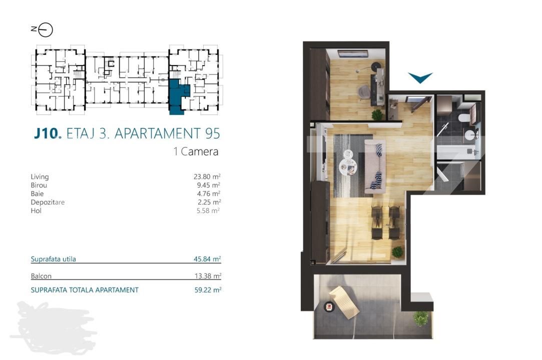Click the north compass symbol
(46, 30)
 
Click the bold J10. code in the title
(48, 133)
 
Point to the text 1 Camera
(196, 151)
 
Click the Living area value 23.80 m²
(208, 176)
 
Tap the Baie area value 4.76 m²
(209, 193)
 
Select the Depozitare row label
(48, 202)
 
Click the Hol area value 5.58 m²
(209, 210)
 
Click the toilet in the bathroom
(464, 118)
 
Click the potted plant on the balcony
(421, 317)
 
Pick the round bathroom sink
(469, 134)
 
